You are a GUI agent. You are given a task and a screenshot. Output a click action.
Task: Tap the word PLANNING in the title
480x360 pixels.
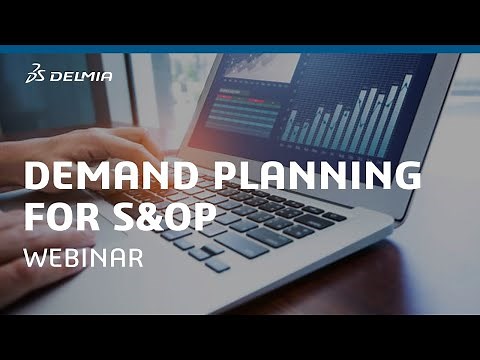318,176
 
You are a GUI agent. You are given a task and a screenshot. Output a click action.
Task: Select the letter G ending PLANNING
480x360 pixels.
404,176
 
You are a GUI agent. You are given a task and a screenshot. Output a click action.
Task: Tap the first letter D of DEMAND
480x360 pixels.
35,176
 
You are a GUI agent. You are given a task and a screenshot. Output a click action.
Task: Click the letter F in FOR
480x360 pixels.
32,216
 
